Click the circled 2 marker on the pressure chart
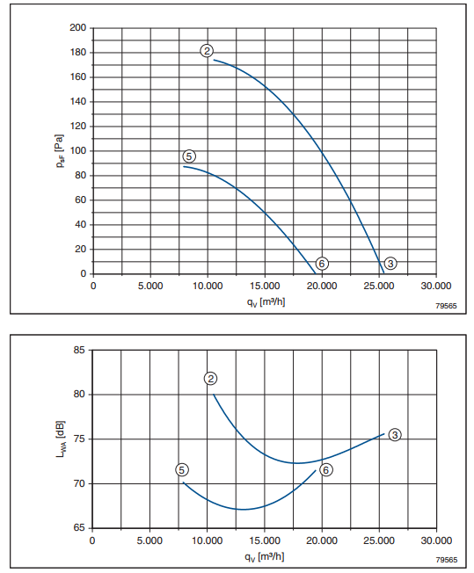[207, 51]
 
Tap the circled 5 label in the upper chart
[189, 156]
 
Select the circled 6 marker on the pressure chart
[322, 264]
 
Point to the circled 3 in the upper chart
[390, 264]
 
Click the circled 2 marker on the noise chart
[210, 379]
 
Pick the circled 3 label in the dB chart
[395, 435]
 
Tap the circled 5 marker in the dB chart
[182, 470]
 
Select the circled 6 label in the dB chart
[326, 470]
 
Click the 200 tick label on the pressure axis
[78, 28]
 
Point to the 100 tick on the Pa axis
[78, 150]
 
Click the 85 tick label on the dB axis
[79, 350]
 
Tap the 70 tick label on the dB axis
[79, 483]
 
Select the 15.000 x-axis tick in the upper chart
[265, 286]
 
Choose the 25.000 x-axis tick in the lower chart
[379, 540]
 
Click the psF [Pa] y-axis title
[59, 151]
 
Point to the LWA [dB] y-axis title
[61, 439]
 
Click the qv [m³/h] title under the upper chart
[266, 302]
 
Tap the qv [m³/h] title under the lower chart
[265, 557]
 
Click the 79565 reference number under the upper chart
[446, 306]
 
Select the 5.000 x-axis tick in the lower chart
[149, 540]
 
